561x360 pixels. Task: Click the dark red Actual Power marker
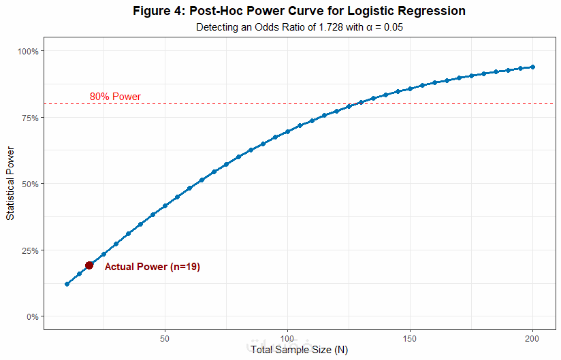point(89,265)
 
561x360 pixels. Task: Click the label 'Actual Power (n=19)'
point(152,267)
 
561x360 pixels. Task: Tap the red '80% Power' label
point(115,97)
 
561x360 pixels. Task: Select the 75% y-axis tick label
point(30,117)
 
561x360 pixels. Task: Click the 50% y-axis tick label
point(30,184)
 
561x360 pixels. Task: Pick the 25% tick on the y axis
point(30,250)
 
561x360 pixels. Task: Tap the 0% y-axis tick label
point(32,316)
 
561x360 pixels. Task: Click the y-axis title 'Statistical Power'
point(10,184)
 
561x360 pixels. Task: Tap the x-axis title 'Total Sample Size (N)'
point(299,350)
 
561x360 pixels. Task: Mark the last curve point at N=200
point(532,67)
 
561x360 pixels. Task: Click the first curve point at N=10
point(67,284)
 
